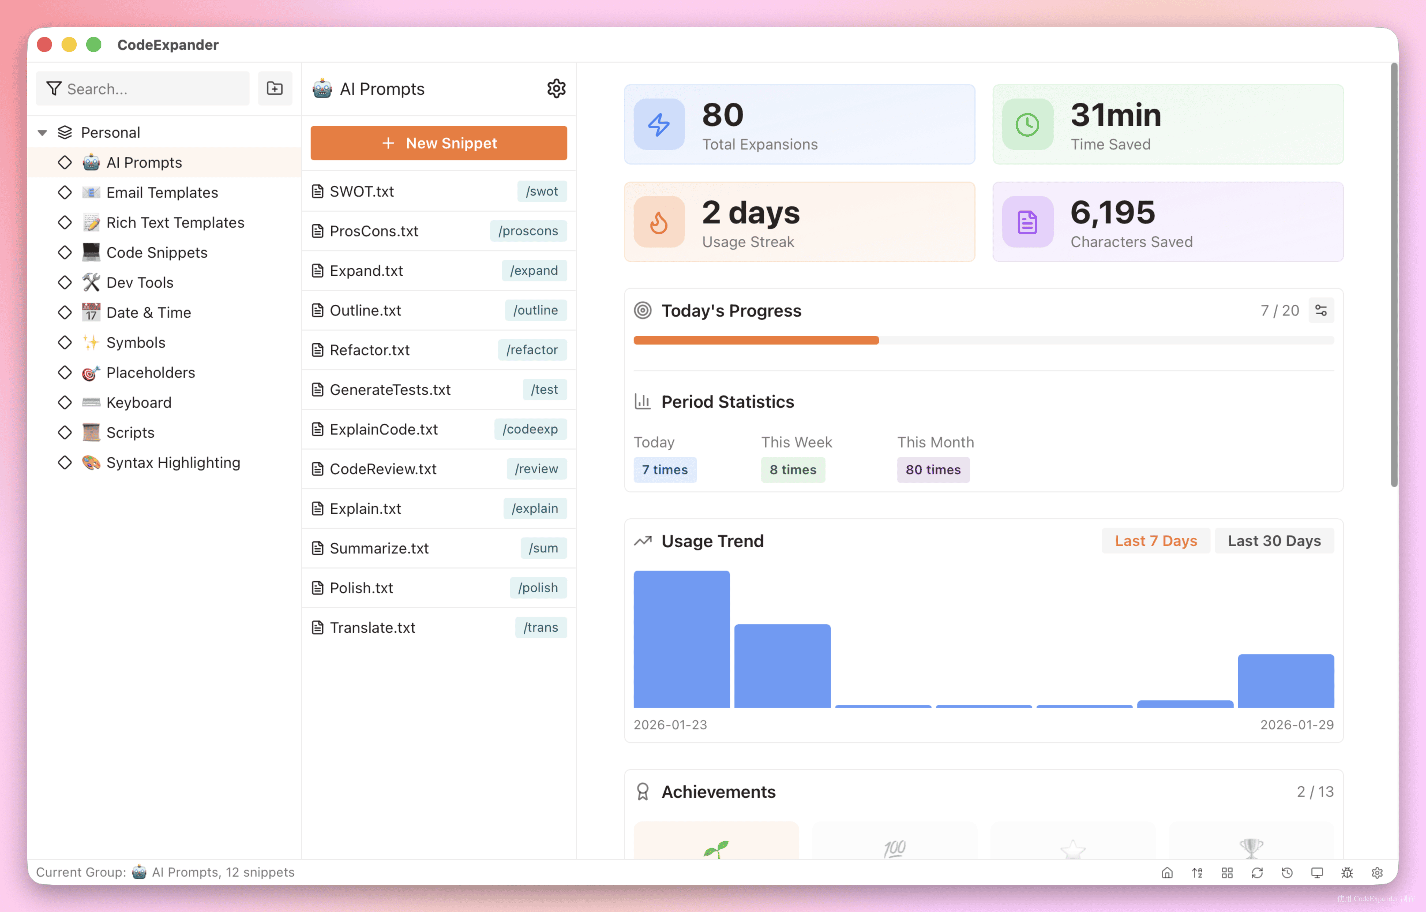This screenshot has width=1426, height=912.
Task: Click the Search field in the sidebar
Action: (142, 89)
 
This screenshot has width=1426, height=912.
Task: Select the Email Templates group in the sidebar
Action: (162, 192)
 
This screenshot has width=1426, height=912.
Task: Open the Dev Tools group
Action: (140, 282)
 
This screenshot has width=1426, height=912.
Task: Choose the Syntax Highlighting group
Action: (173, 462)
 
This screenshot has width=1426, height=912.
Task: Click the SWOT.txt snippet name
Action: (361, 191)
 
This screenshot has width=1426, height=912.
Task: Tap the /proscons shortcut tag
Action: (528, 231)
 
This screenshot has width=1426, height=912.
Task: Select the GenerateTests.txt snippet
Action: (390, 390)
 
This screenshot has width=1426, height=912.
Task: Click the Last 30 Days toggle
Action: (1274, 541)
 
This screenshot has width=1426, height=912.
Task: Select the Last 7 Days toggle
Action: (1155, 541)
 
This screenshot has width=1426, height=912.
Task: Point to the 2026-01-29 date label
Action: (1296, 725)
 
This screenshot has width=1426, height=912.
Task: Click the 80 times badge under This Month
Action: (933, 470)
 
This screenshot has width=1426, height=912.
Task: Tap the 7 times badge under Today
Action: (665, 470)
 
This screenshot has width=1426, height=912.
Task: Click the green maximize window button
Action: (93, 45)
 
